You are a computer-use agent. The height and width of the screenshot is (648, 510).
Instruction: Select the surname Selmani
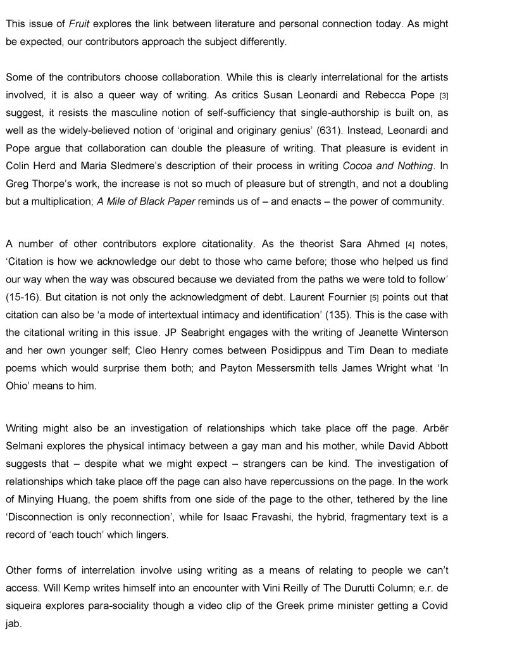point(25,446)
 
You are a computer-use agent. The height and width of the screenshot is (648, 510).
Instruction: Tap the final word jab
point(13,623)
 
